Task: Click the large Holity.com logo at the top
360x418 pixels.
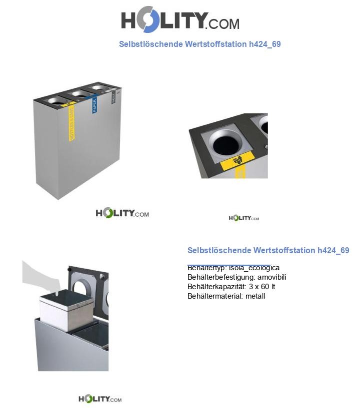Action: tap(180, 21)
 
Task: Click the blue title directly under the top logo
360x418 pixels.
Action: tap(199, 44)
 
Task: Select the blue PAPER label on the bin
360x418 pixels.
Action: tap(94, 104)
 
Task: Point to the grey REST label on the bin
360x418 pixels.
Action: tap(113, 95)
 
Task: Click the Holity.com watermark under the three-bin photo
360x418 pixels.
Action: tap(122, 213)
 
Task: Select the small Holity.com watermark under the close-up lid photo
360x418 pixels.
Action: tap(243, 218)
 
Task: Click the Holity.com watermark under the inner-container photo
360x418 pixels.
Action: tap(100, 399)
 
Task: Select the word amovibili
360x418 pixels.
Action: tap(272, 277)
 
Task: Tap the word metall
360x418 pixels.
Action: tap(255, 296)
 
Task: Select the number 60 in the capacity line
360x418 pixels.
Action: tap(263, 287)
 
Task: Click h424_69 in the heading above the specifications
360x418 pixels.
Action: tap(333, 250)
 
